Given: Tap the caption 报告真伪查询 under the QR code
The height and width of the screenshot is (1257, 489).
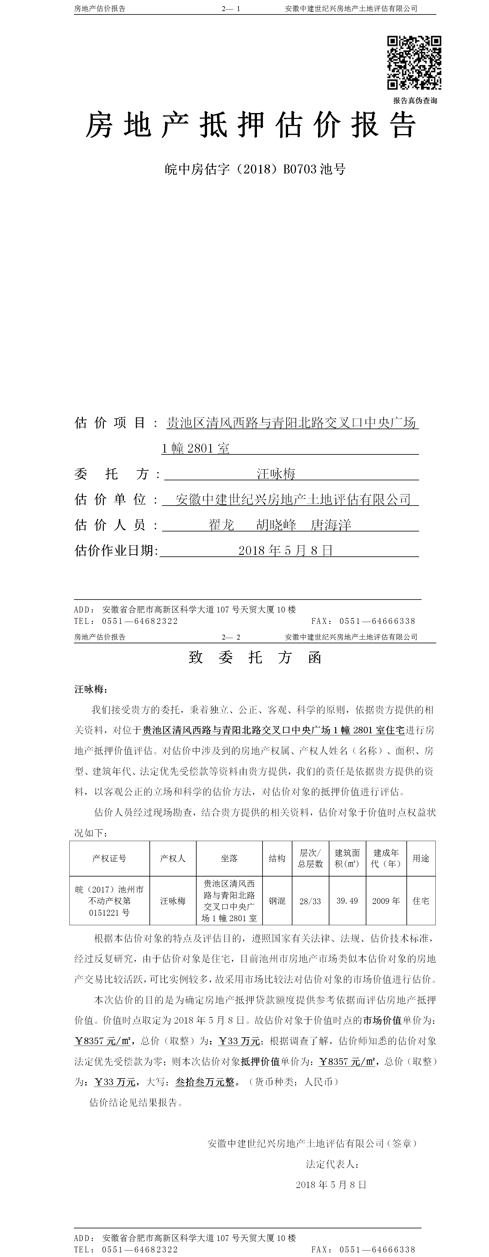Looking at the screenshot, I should tap(415, 100).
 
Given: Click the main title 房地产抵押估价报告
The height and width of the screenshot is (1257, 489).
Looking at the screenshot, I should tap(251, 125).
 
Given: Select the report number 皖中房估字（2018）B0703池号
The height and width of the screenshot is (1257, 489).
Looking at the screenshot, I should tap(255, 169).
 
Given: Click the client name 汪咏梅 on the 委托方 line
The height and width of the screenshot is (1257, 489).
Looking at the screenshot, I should tap(276, 474).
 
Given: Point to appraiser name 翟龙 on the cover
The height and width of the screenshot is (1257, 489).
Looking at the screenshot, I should tap(222, 525).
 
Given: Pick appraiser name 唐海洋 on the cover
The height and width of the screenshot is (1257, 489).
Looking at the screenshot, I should tap(331, 525).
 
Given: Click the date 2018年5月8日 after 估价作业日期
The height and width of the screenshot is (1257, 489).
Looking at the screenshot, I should tap(286, 551).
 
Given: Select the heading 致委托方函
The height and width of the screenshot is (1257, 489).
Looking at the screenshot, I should tap(255, 657).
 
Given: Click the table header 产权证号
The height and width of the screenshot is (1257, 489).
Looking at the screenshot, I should tap(109, 858).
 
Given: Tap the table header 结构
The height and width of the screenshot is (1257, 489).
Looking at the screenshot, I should tap(277, 858).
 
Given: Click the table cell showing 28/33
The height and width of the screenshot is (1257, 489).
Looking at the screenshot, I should tap(310, 901).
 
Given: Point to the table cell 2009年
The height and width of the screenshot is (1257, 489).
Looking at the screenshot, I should tap(385, 901).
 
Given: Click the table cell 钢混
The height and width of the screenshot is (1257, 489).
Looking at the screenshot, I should tap(277, 901).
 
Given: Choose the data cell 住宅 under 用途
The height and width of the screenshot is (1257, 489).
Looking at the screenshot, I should tap(421, 901).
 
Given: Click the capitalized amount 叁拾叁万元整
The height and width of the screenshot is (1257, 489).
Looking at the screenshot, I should tap(205, 1082).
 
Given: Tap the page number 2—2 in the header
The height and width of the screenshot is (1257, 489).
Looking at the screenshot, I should tap(231, 637).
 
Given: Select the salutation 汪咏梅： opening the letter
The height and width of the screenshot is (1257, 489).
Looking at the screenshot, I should tap(91, 689).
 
